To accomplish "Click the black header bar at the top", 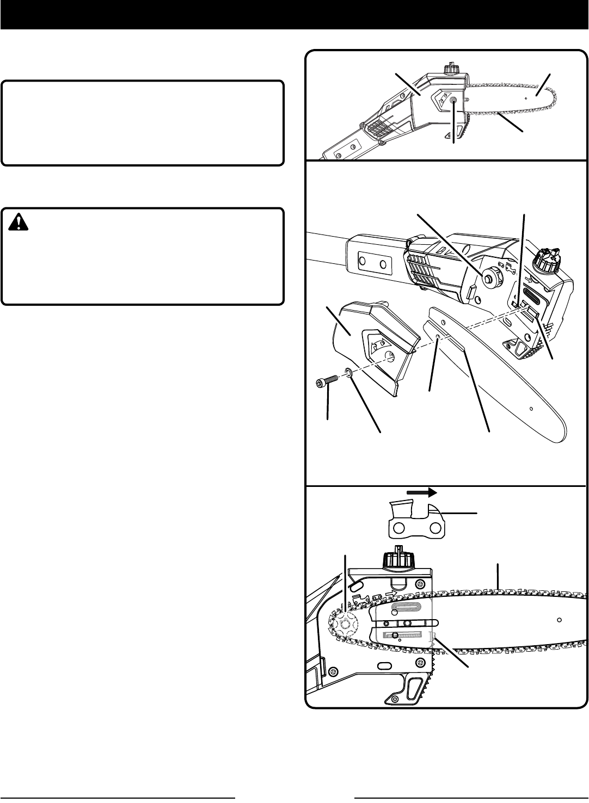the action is [294, 15].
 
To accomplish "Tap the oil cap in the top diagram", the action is [449, 70].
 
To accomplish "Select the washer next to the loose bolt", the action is [347, 374].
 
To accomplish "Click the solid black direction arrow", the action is [421, 492].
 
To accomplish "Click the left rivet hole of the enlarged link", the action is [399, 528].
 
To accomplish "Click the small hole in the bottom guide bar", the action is [559, 620].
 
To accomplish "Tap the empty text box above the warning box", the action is [143, 123].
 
